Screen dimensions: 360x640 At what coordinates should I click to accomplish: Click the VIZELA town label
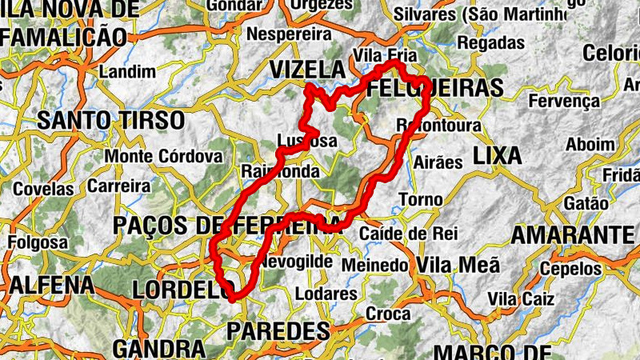[x=306, y=70]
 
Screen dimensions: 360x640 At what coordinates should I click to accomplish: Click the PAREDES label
[x=278, y=330]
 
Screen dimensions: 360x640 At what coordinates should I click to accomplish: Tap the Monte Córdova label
[x=162, y=155]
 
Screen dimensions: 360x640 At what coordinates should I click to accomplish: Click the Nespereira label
[x=289, y=34]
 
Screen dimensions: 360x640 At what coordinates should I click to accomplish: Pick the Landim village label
[x=126, y=71]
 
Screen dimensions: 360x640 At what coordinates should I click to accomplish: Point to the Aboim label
[x=590, y=144]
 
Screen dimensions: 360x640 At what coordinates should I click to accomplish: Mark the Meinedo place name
[x=374, y=264]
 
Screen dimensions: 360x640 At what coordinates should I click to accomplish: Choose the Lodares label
[x=326, y=294]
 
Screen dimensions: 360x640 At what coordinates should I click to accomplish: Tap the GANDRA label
[x=159, y=349]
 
